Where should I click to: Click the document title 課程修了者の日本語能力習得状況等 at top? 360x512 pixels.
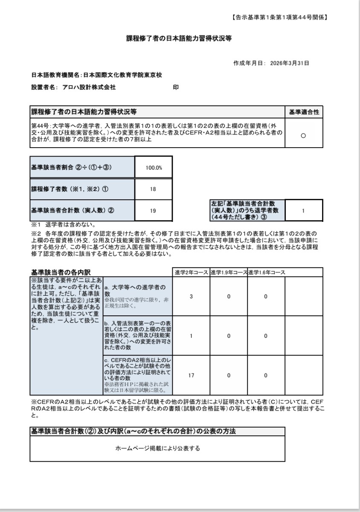[x=179, y=38]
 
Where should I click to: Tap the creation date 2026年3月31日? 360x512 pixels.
[x=290, y=63]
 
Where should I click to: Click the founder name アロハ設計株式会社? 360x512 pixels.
[x=89, y=87]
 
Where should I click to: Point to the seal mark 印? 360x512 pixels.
[x=175, y=87]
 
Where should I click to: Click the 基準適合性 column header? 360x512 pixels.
[x=304, y=112]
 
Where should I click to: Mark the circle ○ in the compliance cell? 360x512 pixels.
[x=303, y=136]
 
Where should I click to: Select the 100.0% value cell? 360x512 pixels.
[x=154, y=168]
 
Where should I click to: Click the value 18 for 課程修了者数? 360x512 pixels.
[x=153, y=189]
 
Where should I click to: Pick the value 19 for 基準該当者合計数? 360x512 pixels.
[x=153, y=210]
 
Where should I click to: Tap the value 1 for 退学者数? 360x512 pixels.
[x=303, y=210]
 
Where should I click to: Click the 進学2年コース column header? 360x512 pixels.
[x=191, y=272]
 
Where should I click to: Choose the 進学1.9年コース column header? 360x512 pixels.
[x=229, y=272]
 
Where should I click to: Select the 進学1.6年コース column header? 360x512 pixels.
[x=266, y=272]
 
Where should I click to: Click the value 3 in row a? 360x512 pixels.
[x=191, y=297]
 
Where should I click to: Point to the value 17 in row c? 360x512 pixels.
[x=191, y=375]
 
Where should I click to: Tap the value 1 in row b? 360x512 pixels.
[x=191, y=336]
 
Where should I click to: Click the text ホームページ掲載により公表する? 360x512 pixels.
[x=157, y=448]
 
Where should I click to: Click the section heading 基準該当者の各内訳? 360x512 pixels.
[x=61, y=272]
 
